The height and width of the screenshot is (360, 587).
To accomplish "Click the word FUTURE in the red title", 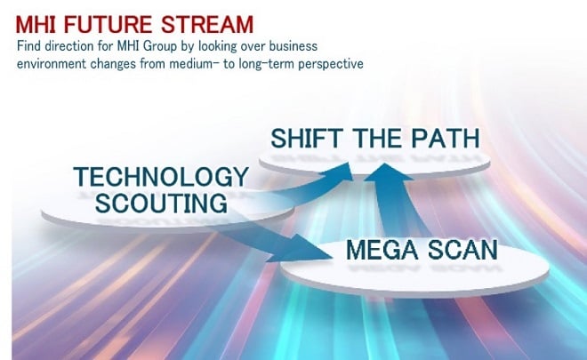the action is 108,25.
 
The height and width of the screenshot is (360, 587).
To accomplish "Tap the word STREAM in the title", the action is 207,25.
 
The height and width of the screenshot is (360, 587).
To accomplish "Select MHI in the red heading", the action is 36,25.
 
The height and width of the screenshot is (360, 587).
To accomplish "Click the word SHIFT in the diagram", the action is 307,138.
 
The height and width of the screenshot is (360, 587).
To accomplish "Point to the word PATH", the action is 446,138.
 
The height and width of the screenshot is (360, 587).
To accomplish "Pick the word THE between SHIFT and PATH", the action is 377,138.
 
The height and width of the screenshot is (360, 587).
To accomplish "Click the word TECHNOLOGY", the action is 161,177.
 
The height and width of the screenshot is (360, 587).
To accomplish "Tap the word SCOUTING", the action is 161,203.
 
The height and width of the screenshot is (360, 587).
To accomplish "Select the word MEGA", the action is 382,250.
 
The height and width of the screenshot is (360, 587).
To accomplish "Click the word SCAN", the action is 462,250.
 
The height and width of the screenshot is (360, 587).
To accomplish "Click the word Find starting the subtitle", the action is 28,45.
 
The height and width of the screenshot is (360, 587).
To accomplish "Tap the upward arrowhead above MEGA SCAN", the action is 386,172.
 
